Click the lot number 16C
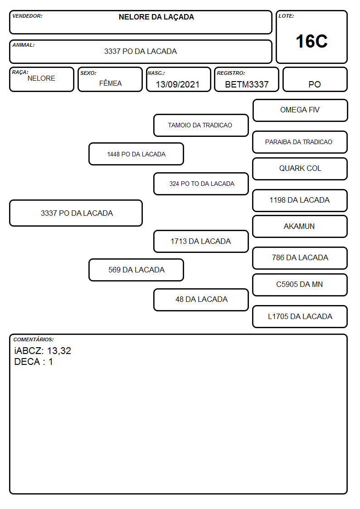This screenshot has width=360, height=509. click(311, 41)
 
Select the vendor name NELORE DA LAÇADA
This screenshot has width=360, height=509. click(156, 17)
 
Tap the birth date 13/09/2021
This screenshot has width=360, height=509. click(178, 84)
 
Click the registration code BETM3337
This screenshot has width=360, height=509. click(247, 84)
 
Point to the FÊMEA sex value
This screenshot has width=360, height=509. click(110, 83)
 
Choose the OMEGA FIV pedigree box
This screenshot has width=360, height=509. click(300, 111)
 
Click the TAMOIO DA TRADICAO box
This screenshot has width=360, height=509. click(201, 125)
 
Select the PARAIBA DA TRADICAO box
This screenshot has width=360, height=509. click(300, 142)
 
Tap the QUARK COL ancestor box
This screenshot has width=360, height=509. click(300, 169)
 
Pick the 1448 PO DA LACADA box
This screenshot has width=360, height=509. click(136, 154)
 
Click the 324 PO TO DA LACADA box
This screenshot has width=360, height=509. click(201, 184)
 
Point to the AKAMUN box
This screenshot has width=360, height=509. click(300, 226)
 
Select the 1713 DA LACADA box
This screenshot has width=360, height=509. click(201, 241)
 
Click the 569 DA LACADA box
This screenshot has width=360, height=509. click(136, 270)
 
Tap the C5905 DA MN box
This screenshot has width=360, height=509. click(300, 285)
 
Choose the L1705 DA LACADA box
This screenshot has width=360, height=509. click(300, 316)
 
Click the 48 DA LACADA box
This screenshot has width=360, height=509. click(201, 300)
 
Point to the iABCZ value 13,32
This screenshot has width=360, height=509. click(59, 351)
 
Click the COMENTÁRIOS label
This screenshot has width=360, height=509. click(34, 339)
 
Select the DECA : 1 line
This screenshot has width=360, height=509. click(34, 362)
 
